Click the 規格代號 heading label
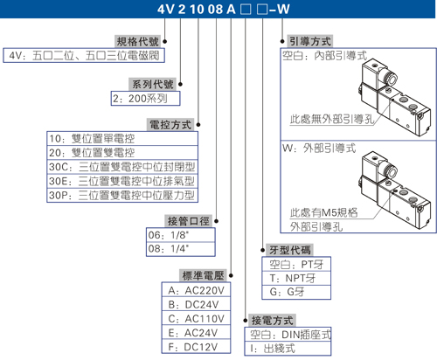(x=137, y=41)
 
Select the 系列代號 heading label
(x=153, y=84)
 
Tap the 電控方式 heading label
(x=170, y=125)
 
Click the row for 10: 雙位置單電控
(x=122, y=139)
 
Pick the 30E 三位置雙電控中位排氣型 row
(x=122, y=181)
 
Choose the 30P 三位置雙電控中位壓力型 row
(x=122, y=195)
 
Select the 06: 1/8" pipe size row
(x=181, y=235)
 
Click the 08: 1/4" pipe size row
(x=181, y=249)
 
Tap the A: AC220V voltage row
(x=196, y=290)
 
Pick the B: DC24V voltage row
(x=196, y=304)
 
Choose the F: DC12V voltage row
(x=196, y=347)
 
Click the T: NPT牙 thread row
(x=296, y=279)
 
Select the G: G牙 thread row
(x=296, y=292)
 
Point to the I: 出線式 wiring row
(x=288, y=349)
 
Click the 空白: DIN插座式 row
(x=288, y=335)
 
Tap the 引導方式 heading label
(x=310, y=41)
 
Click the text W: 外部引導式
(x=319, y=149)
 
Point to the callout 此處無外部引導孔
(x=332, y=119)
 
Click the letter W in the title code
(x=283, y=10)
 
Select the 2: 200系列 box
(x=145, y=99)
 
